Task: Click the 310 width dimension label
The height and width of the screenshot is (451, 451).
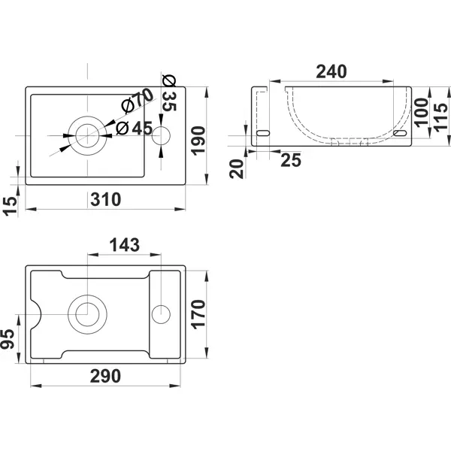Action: pos(105,200)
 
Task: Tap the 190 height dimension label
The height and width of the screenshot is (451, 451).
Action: pos(198,141)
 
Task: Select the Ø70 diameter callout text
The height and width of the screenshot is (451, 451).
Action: pos(138,101)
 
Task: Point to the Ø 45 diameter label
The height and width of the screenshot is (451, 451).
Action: pos(134,129)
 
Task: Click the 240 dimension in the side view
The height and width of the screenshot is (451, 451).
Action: pos(331,71)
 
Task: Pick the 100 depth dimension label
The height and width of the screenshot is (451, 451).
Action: pos(421,113)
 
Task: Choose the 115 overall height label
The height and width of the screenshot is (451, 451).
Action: pos(440,117)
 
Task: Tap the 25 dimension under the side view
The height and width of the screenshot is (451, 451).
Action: pos(291,160)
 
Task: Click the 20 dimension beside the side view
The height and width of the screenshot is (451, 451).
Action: pos(237,169)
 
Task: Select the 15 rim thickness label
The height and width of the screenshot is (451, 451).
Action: pos(10,206)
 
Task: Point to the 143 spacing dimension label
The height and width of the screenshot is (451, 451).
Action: pos(125,245)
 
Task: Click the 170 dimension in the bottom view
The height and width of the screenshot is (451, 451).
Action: pos(198,314)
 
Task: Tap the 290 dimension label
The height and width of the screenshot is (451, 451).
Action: pos(105,376)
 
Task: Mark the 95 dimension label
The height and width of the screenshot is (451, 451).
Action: pos(8,339)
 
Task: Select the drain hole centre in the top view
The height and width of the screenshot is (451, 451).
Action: pos(87,136)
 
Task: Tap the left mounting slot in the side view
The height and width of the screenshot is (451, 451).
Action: pos(263,133)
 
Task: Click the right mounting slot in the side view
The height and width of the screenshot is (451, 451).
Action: pos(400,133)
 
